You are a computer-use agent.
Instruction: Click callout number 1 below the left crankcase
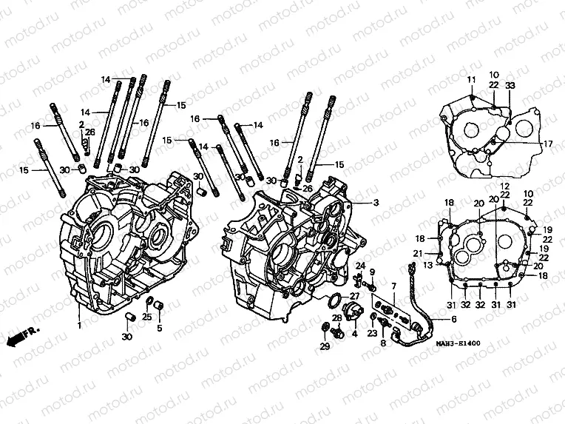click(79, 324)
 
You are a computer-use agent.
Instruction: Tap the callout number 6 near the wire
click(453, 319)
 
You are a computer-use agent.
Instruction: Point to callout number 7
click(394, 286)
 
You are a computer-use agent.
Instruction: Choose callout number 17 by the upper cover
click(548, 143)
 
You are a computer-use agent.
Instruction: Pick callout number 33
click(510, 86)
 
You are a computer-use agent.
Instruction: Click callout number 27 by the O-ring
click(355, 296)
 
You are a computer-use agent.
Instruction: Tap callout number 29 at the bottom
click(324, 346)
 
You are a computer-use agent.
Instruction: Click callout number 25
click(146, 317)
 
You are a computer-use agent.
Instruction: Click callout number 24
click(361, 266)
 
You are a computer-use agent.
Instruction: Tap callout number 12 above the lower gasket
click(505, 185)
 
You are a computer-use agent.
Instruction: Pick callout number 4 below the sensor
click(354, 334)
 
